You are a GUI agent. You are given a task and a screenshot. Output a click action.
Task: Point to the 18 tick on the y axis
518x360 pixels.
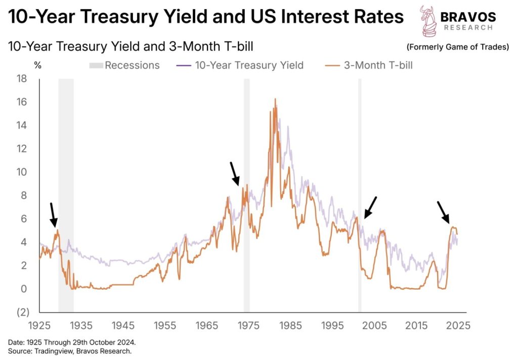(x=21, y=78)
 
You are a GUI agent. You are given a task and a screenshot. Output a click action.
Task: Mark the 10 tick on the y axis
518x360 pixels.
(x=21, y=172)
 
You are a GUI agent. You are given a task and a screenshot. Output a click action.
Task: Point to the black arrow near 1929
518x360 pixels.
(x=53, y=215)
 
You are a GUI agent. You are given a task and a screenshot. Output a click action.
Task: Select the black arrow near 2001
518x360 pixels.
(x=370, y=207)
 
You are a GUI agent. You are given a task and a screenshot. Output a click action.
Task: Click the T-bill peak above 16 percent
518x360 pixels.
(x=275, y=99)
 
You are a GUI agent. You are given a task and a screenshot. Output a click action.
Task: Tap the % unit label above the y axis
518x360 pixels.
(x=37, y=65)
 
